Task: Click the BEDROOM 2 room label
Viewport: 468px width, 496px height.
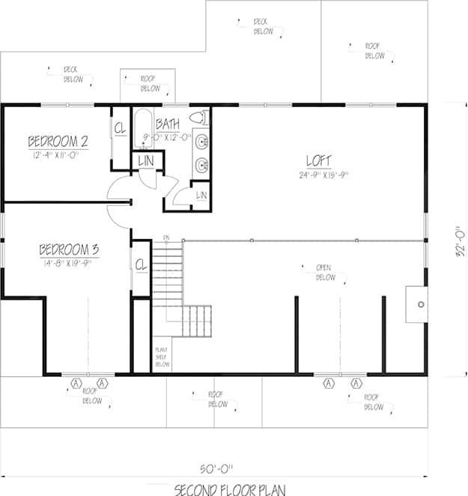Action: click(58, 141)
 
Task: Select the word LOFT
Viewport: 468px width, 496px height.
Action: click(318, 160)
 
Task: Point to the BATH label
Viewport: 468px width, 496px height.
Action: click(168, 124)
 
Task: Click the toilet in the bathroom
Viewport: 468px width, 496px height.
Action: click(198, 118)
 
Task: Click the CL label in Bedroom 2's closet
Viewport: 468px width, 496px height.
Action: click(120, 127)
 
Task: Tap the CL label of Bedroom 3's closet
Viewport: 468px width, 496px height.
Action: click(140, 264)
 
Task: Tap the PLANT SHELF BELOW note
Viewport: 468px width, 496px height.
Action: click(162, 357)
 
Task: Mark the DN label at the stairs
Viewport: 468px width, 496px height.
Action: click(165, 238)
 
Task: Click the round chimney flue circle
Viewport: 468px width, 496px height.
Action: click(421, 303)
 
